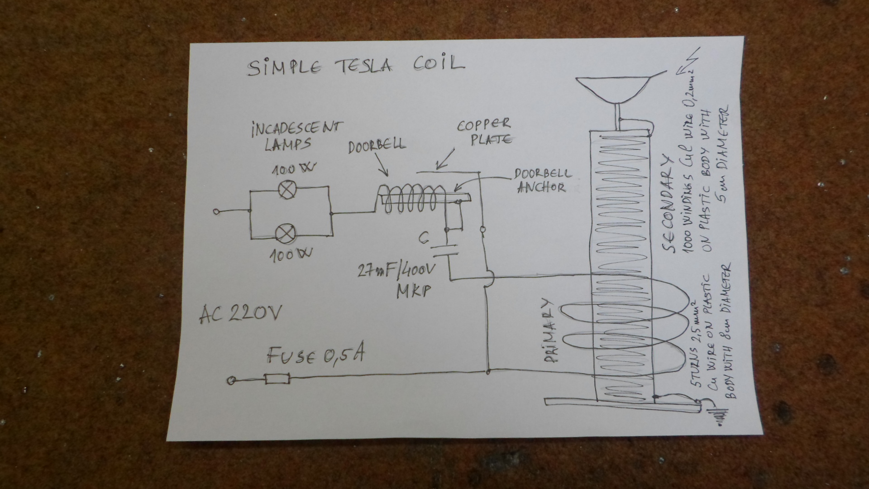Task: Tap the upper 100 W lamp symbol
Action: [286, 190]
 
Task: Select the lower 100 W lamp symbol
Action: [286, 233]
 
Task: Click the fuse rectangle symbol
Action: [277, 379]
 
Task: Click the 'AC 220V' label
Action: [240, 313]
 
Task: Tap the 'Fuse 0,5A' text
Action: [315, 356]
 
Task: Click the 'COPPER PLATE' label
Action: [485, 131]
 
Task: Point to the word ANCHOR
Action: [541, 187]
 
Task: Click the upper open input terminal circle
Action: [217, 211]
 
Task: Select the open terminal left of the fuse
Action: [232, 381]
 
